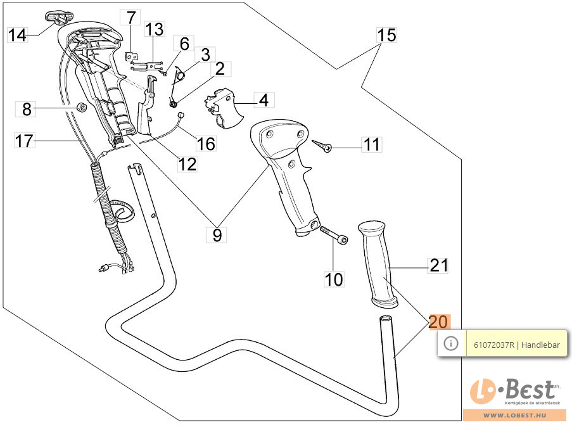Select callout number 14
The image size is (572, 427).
tap(18, 35)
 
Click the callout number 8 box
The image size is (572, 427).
tap(26, 109)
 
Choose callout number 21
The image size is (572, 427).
tap(438, 266)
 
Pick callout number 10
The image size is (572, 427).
tap(334, 278)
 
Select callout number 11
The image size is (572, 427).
tap(372, 144)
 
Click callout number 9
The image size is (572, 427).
tap(217, 235)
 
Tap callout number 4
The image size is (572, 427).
tap(264, 99)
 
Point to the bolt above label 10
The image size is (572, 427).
tap(333, 234)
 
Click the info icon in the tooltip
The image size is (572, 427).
tap(451, 343)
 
